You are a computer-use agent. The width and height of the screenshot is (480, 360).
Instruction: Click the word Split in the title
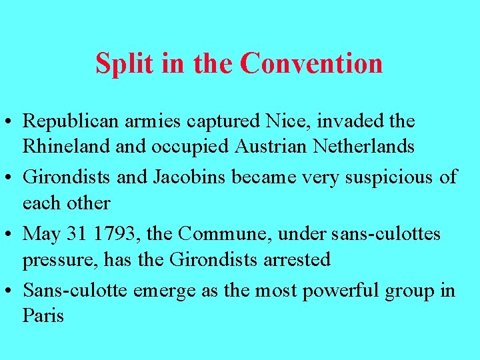[x=117, y=63]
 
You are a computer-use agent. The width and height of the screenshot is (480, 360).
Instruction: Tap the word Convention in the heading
[x=311, y=63]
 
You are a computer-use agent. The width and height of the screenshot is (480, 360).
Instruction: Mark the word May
[x=42, y=234]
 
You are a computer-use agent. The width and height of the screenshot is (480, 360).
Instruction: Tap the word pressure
[x=59, y=259]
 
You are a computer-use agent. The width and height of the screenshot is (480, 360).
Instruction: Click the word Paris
[x=43, y=315]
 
